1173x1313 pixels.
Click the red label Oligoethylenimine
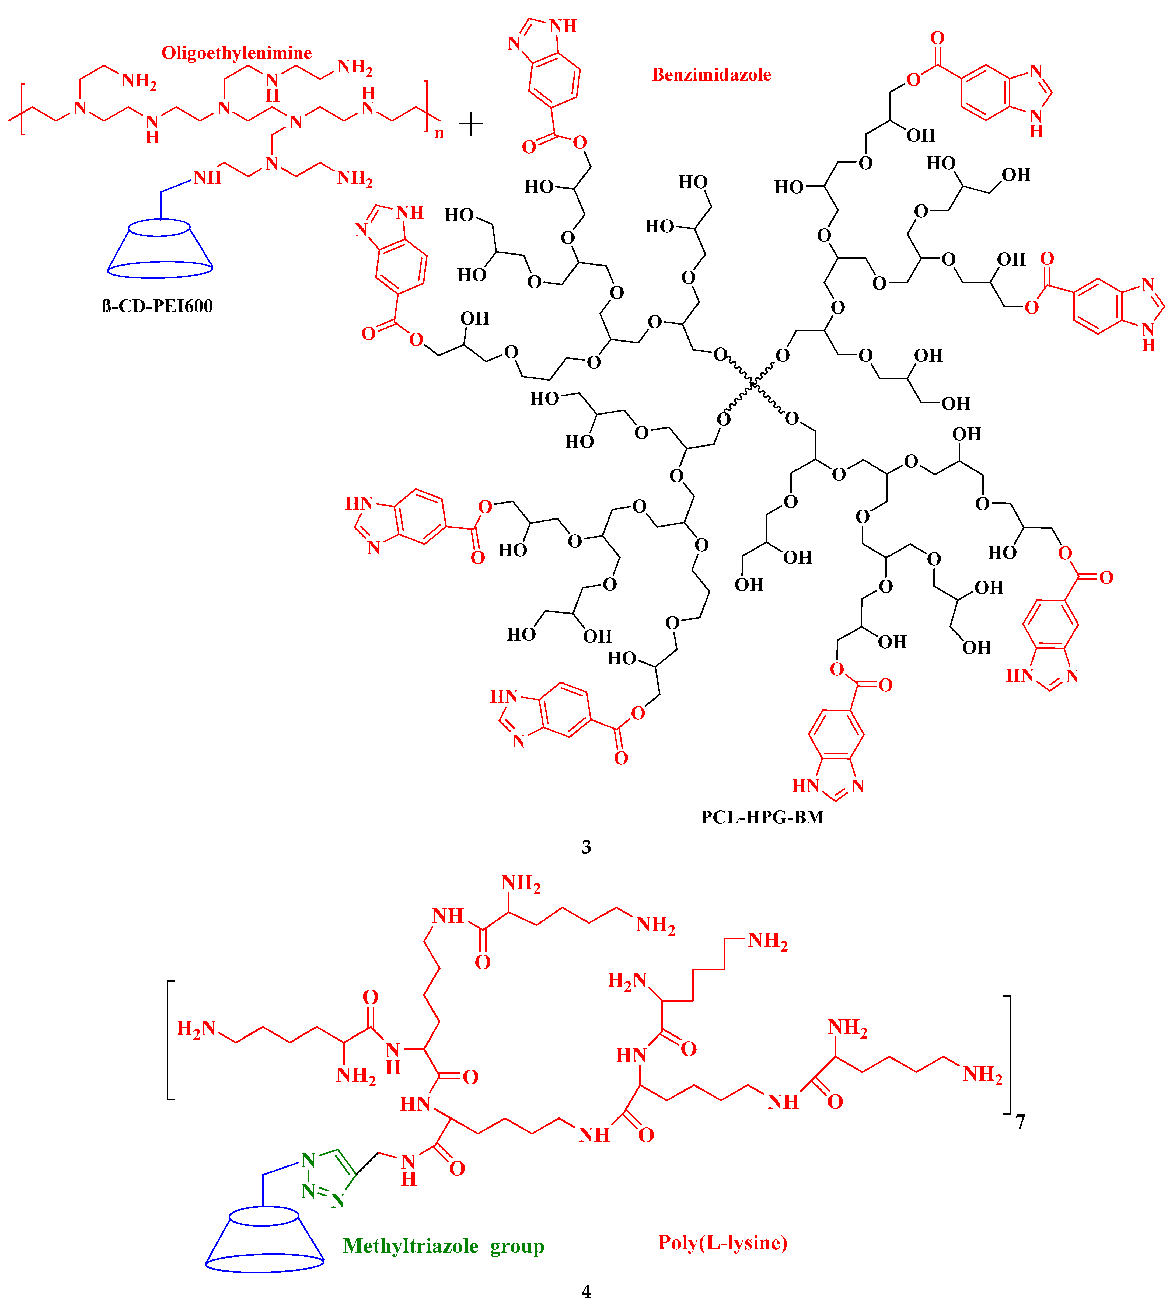point(236,53)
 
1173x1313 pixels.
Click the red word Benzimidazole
point(711,75)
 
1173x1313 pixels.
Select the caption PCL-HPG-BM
point(762,817)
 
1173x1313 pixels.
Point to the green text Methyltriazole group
point(444,1246)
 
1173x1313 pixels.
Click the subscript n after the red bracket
point(439,133)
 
